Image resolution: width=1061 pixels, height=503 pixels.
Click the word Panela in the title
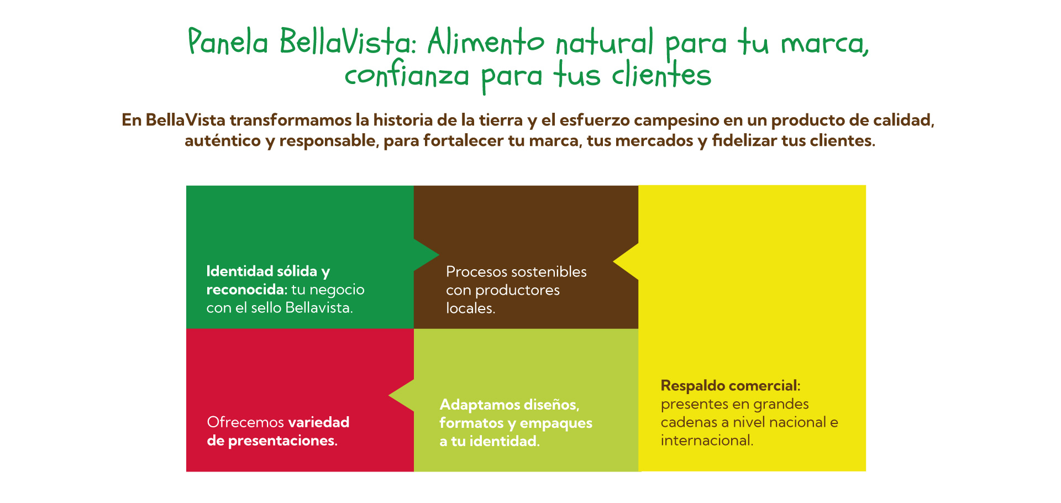pyautogui.click(x=228, y=41)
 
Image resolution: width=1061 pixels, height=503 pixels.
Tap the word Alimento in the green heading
pyautogui.click(x=486, y=41)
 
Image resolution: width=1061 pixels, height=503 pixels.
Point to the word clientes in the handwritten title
pyautogui.click(x=661, y=74)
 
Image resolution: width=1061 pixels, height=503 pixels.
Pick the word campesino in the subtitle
pyautogui.click(x=688, y=120)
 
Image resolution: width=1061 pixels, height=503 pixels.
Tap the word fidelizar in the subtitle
pyautogui.click(x=744, y=140)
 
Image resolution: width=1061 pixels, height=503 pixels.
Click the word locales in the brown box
pyautogui.click(x=469, y=308)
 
